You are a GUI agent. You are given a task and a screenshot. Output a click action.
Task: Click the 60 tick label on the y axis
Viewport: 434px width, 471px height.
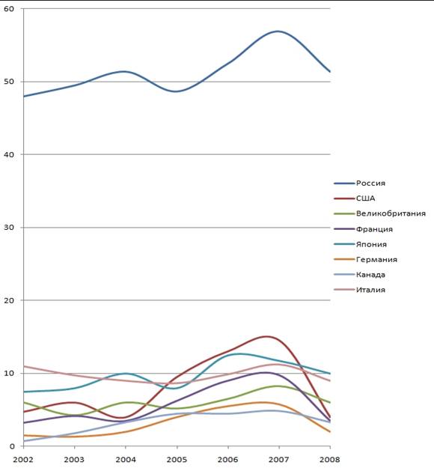point(9,9)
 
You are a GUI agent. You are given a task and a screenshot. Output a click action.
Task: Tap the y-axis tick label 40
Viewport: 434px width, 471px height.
point(9,154)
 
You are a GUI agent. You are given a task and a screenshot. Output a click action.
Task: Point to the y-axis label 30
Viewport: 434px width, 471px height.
point(9,228)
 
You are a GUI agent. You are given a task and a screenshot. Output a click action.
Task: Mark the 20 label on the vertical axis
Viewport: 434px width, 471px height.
point(9,300)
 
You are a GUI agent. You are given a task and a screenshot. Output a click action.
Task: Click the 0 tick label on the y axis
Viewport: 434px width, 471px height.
point(12,446)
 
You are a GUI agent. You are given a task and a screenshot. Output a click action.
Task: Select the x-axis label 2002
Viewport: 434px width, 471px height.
point(23,460)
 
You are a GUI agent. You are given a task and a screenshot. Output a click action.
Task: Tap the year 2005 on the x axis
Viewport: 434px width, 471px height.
point(177,460)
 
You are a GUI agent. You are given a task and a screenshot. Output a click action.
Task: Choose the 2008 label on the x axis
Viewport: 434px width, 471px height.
point(330,460)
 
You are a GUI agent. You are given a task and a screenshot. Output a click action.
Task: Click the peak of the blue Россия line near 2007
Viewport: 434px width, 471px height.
point(278,31)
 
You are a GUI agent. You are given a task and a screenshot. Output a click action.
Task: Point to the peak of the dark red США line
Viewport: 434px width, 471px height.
point(266,337)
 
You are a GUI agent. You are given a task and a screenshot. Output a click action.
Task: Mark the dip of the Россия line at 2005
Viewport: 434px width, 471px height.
point(177,91)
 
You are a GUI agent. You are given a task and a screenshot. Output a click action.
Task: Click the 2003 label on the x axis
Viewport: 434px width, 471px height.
point(74,460)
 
